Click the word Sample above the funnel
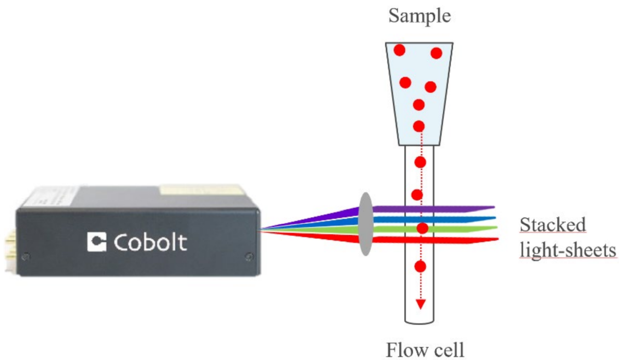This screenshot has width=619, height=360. point(419,17)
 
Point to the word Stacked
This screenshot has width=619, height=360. point(552,225)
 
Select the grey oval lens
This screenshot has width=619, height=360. point(365,224)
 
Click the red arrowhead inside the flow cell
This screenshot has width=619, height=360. point(420,304)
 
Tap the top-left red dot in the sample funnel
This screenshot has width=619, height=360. point(399,51)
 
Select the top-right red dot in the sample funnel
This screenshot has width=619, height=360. point(436,53)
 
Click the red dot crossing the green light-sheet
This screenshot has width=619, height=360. point(422,228)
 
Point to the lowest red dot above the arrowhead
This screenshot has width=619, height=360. point(420,267)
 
